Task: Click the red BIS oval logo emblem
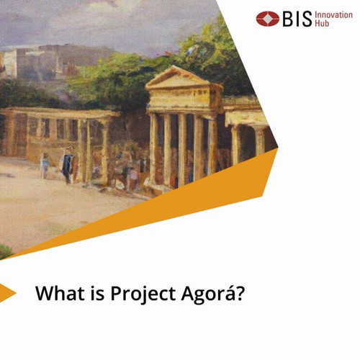tap(268, 19)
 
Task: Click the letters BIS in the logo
tap(297, 19)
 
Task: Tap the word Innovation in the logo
tap(333, 15)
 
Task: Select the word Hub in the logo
tap(322, 23)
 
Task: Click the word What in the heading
tap(61, 293)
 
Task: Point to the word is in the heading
tap(98, 294)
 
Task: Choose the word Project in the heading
tap(143, 294)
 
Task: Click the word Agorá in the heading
tap(207, 294)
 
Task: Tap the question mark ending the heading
tap(240, 293)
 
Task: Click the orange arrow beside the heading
tap(6, 293)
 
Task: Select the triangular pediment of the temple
tap(179, 77)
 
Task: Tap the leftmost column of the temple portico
tap(153, 149)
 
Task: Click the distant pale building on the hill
tap(10, 63)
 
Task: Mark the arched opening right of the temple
tap(246, 143)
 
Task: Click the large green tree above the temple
tap(214, 55)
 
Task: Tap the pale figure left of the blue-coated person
tap(45, 166)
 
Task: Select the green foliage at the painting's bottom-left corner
tap(5, 251)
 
